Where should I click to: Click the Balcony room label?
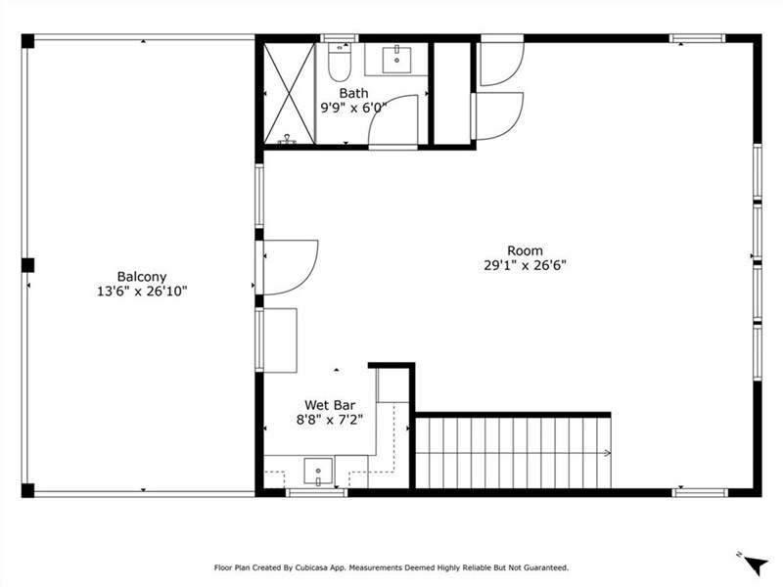142,277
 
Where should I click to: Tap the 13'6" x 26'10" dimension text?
142,292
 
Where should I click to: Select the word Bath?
353,93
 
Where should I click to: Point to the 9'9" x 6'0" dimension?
353,108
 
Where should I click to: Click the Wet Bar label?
330,405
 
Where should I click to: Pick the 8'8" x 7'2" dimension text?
330,420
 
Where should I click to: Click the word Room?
525,250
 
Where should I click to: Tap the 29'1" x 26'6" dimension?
525,265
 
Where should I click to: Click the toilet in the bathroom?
340,63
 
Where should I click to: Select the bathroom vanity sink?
396,60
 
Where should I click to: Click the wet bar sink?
318,472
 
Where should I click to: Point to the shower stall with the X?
289,94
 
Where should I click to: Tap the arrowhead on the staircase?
607,453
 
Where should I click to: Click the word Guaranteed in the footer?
548,568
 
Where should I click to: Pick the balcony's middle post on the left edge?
28,265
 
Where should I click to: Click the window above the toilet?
340,38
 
